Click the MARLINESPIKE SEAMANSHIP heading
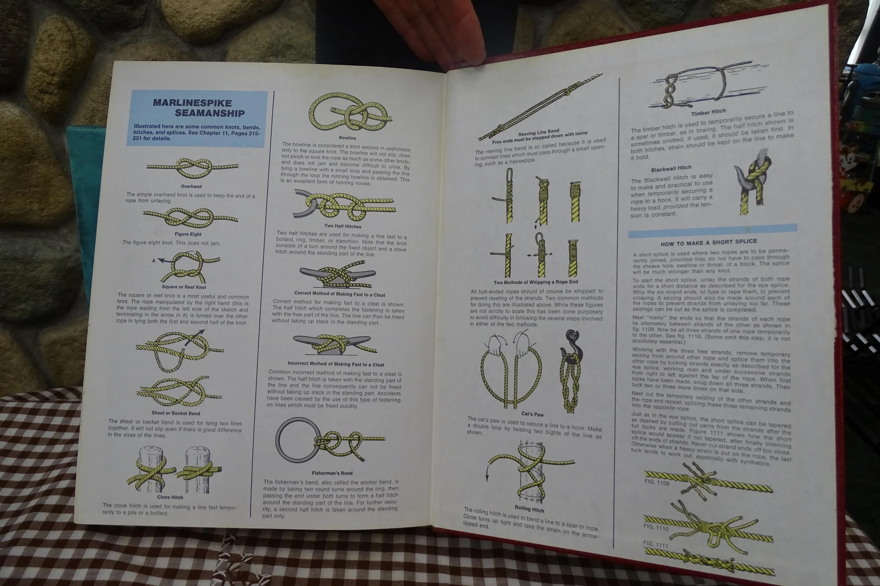[199, 108]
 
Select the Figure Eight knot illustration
[190, 218]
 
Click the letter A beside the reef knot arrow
[153, 260]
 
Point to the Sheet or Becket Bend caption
[176, 413]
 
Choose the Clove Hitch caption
[170, 497]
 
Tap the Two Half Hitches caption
[343, 226]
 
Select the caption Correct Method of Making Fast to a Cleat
[340, 294]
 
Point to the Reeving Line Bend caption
[539, 132]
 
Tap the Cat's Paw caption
[533, 414]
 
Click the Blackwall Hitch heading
[671, 168]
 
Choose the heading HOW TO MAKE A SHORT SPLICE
[709, 243]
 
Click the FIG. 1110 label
[656, 527]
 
